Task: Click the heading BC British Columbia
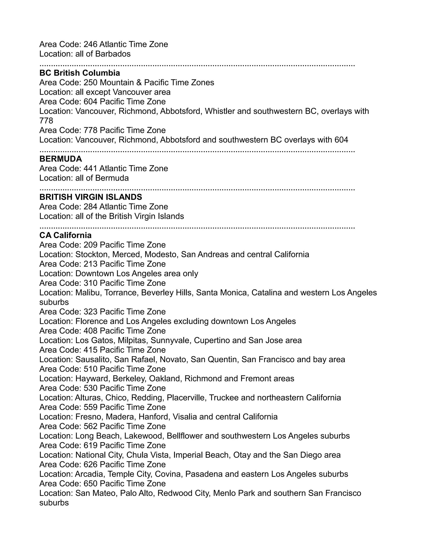(x=80, y=73)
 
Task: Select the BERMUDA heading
(x=60, y=159)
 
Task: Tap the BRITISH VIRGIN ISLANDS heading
(x=91, y=197)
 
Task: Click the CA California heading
(x=65, y=235)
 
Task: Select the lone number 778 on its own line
(x=46, y=121)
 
